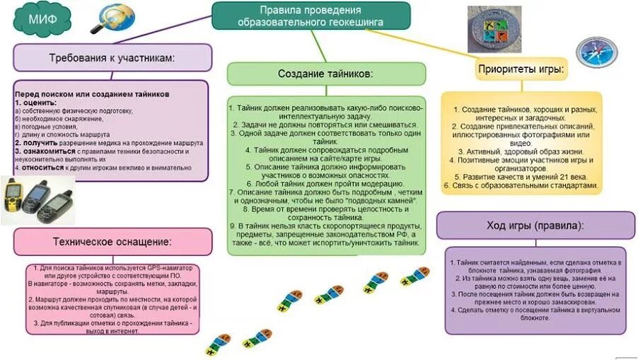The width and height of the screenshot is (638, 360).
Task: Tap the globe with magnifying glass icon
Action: pos(115,18)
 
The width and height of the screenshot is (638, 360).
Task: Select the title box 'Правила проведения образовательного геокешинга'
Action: pos(311,16)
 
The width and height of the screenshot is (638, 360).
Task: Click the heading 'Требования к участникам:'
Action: pos(112,57)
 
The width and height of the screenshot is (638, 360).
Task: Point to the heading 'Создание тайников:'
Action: pos(325,74)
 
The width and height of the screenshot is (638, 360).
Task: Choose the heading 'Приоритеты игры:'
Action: pos(521,69)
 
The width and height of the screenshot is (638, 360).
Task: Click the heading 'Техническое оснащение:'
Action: pos(112,241)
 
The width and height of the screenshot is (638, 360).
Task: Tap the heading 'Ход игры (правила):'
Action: pos(530,225)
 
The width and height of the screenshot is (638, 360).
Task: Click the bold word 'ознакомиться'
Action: pos(45,151)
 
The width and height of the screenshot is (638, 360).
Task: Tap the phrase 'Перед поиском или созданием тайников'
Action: pos(92,93)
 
